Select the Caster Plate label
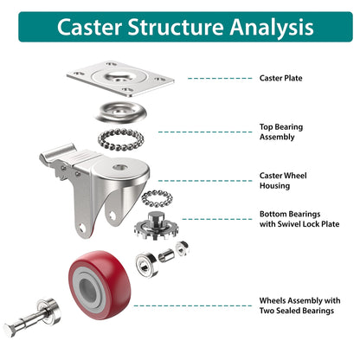281,78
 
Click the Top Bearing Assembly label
281,132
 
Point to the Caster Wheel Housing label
283,180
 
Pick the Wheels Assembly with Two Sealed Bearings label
299,305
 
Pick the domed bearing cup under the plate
122,111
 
